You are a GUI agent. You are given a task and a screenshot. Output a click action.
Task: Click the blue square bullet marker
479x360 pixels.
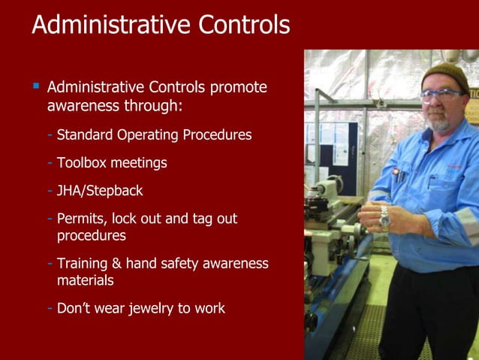pos(35,86)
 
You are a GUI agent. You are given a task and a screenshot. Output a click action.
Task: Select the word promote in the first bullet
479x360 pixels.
pos(238,87)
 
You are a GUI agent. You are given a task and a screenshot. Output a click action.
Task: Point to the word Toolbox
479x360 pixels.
pos(84,162)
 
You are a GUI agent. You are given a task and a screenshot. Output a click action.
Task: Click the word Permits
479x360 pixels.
pos(81,219)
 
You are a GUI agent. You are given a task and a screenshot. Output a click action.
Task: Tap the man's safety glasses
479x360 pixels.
pos(441,95)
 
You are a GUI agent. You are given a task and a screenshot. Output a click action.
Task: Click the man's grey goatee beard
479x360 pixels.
pos(438,122)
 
